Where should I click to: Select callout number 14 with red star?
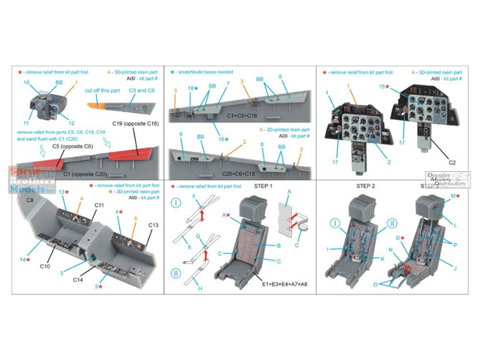point(24,259)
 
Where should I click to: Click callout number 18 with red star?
point(192,88)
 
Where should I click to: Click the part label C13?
point(153,226)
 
